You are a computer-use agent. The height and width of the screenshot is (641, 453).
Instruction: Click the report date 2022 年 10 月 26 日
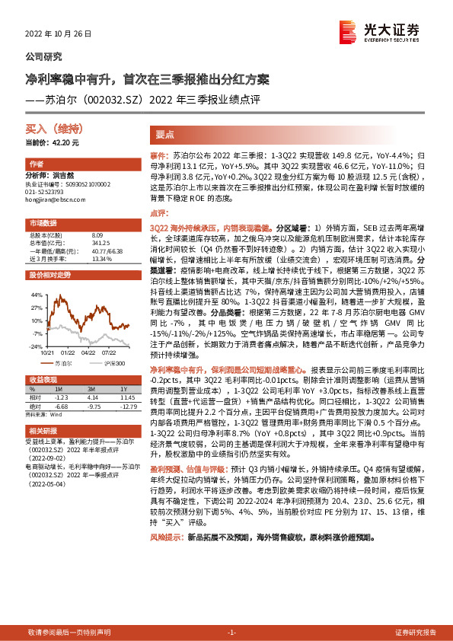(x=58, y=35)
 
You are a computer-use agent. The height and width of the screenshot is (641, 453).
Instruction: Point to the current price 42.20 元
(x=53, y=142)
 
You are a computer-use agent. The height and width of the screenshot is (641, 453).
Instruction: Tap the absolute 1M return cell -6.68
(x=63, y=404)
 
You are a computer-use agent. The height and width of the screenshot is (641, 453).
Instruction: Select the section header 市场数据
(x=43, y=224)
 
